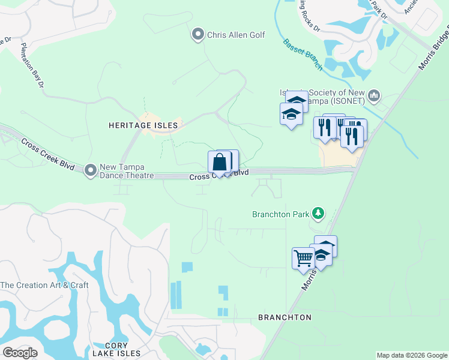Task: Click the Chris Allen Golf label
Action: (236, 35)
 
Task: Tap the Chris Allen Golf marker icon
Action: (197, 35)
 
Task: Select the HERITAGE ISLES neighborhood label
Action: (143, 125)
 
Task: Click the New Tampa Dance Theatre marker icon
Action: (91, 170)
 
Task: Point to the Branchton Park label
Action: (280, 213)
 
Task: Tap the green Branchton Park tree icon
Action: (318, 213)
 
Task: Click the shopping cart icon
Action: (303, 259)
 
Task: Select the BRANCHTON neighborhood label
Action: (285, 317)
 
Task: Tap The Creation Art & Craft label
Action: (44, 285)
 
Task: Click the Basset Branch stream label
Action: (303, 54)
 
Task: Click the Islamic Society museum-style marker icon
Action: (375, 95)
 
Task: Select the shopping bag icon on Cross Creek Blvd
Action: (220, 162)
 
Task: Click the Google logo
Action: (20, 353)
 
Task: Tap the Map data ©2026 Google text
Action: (411, 355)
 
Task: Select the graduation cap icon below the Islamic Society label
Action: (291, 114)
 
